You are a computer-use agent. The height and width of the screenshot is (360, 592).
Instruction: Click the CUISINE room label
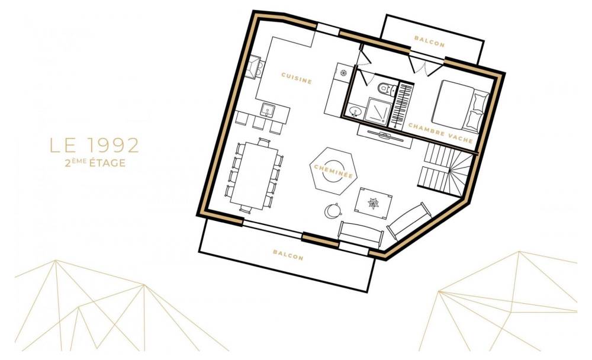tap(297, 78)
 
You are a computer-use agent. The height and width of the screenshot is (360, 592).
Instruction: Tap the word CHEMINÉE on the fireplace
tap(333, 171)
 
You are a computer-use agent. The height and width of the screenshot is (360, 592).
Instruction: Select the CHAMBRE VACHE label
tap(440, 133)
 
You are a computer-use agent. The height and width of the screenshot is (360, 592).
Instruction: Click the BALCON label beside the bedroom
tap(429, 41)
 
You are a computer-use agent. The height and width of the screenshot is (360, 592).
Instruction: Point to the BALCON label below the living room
tap(288, 255)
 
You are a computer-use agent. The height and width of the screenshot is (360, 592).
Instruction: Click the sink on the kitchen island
tap(268, 110)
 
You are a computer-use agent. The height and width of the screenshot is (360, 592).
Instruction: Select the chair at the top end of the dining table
tap(264, 143)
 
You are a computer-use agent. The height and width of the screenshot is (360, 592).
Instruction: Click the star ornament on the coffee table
tap(374, 203)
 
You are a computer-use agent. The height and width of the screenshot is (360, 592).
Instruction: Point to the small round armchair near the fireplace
tap(333, 211)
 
